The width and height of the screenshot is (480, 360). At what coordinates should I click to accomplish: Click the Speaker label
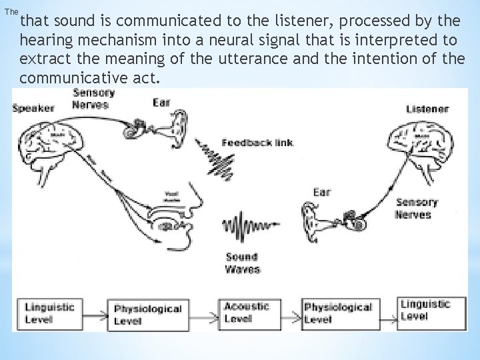33,108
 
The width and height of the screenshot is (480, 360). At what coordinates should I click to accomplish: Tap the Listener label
427,109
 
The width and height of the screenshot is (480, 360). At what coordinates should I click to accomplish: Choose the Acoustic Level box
247,312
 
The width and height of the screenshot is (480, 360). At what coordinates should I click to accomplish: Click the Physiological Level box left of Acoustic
147,313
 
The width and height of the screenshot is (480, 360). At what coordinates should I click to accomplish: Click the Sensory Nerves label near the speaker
91,99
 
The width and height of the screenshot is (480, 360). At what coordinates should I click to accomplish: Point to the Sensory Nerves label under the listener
416,208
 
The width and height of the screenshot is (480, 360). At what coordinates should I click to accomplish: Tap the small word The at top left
11,12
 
